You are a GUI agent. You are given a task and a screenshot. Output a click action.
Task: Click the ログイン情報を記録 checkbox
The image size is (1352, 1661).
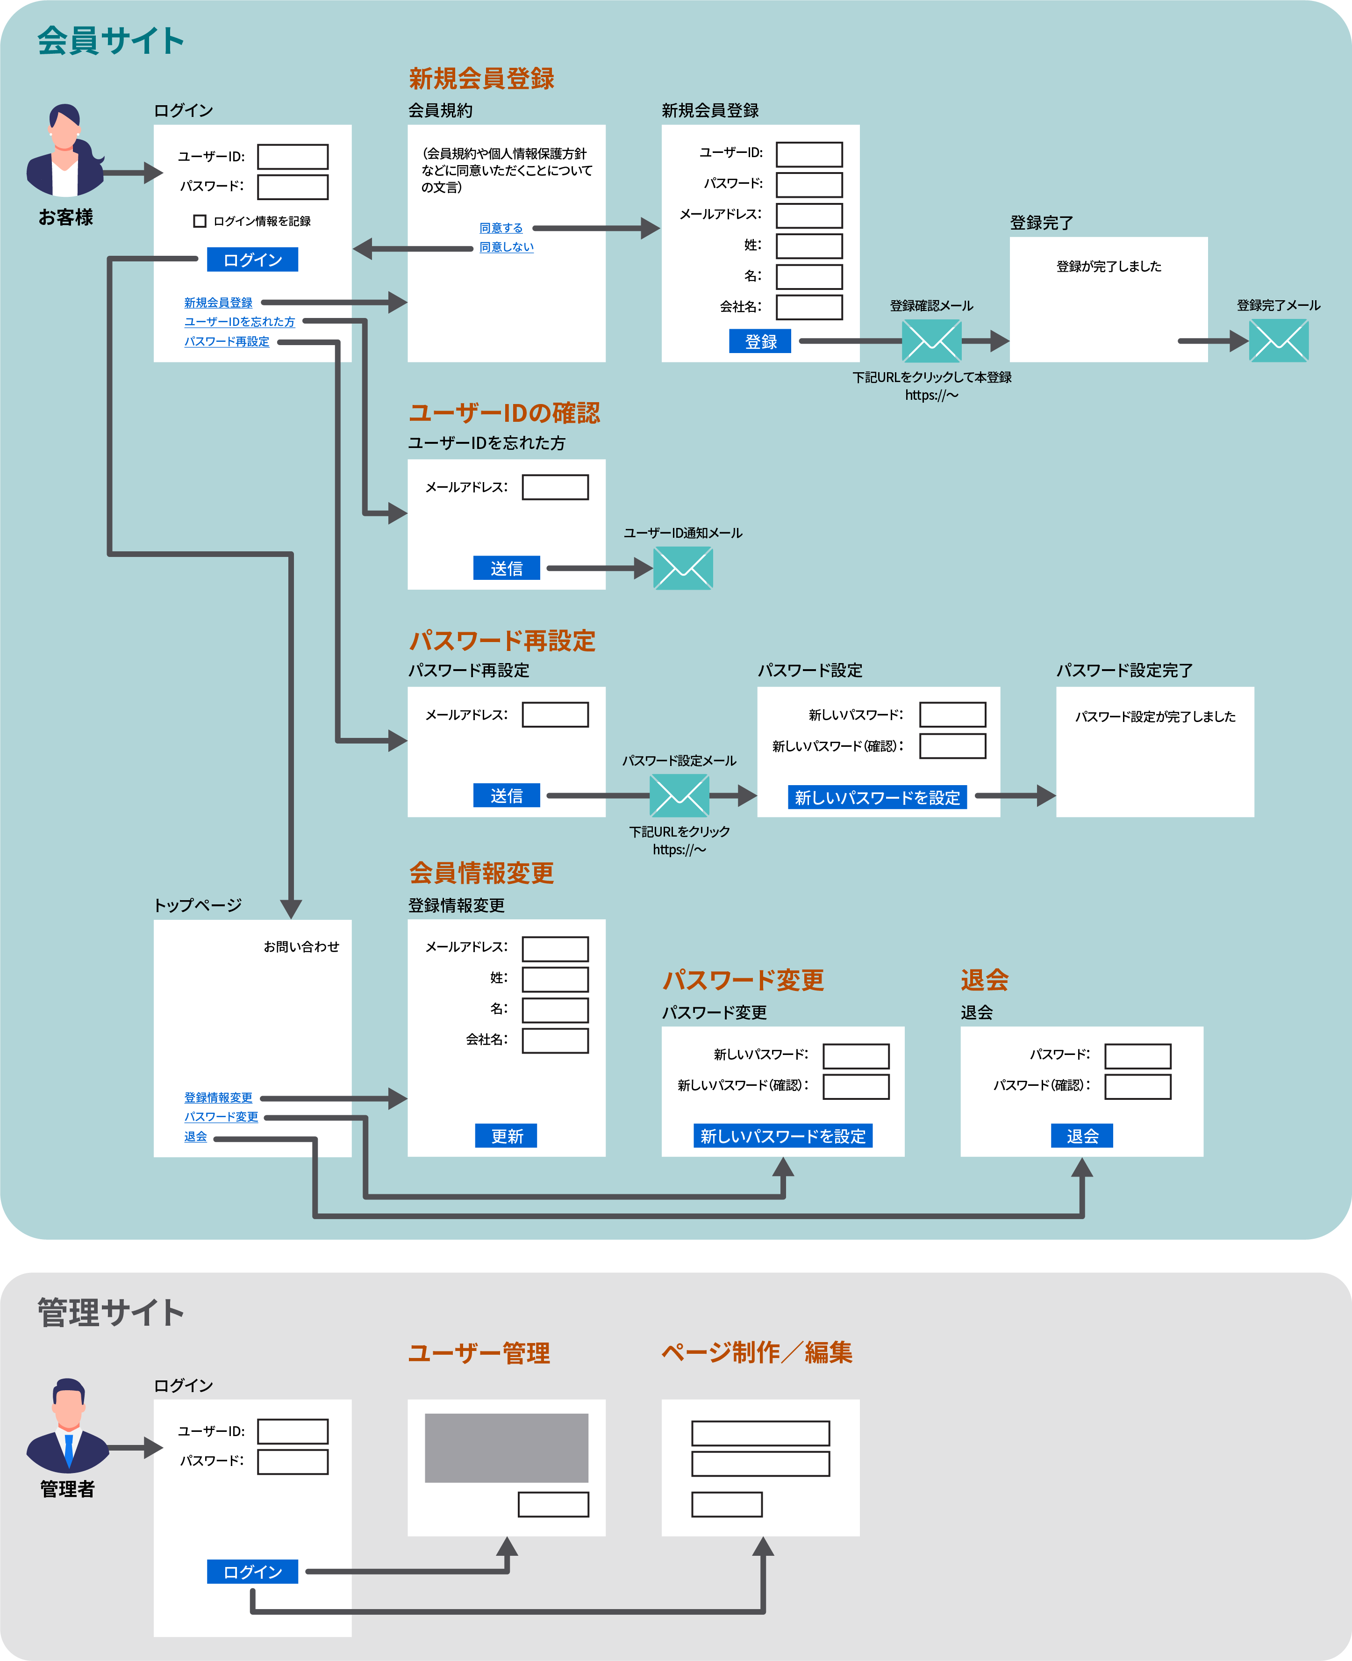[200, 221]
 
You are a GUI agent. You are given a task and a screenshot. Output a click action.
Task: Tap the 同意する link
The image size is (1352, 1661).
[501, 228]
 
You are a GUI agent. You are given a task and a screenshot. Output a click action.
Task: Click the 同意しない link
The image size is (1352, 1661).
[506, 247]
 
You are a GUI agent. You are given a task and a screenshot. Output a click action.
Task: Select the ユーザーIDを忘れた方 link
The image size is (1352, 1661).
[240, 322]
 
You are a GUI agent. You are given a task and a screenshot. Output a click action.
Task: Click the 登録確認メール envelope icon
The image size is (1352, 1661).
[931, 341]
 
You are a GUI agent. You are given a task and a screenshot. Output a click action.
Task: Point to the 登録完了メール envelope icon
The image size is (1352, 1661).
[1279, 341]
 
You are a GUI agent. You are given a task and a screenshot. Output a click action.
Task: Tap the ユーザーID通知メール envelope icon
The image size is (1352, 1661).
[683, 568]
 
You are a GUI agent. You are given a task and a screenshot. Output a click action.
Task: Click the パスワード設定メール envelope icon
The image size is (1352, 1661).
[679, 795]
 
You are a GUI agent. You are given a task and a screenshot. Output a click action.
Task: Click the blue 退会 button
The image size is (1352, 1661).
[1082, 1136]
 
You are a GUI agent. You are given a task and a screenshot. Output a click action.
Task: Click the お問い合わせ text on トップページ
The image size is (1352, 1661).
[301, 946]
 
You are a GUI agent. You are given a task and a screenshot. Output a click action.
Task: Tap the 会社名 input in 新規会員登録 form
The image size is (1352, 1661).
[809, 307]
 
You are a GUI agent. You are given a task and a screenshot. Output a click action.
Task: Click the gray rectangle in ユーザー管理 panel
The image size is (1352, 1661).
[506, 1448]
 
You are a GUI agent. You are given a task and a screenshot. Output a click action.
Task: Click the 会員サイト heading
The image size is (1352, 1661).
[111, 41]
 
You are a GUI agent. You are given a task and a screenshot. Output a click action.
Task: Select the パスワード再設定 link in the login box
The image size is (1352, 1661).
[227, 341]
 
